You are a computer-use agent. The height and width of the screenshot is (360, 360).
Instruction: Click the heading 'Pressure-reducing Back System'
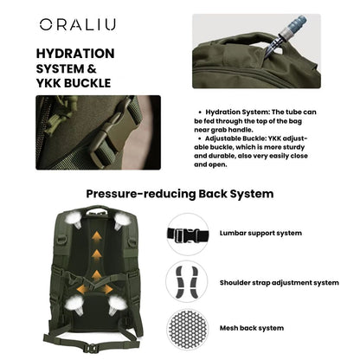179,194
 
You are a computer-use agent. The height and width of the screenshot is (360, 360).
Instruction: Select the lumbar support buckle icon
188,234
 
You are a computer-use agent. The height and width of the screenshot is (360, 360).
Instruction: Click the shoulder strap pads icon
188,281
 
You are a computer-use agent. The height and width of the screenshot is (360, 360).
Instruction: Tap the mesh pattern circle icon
188,328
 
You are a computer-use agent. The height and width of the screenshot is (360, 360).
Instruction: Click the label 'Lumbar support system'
261,234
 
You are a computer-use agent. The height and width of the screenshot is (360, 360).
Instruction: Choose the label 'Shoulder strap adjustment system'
279,281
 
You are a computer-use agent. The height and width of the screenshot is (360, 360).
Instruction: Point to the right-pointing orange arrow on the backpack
113,288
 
